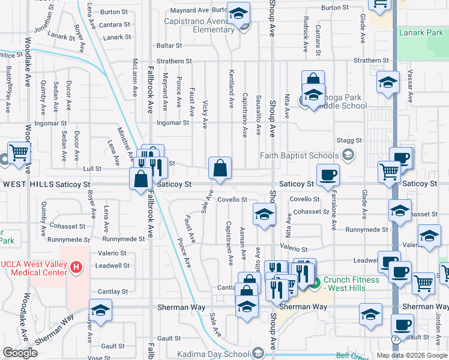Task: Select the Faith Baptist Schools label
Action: point(300,156)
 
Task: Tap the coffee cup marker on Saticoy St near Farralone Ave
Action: point(328,175)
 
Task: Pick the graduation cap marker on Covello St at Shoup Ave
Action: point(264,215)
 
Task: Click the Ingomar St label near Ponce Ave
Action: point(172,123)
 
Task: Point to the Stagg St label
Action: point(350,140)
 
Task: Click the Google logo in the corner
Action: point(20,353)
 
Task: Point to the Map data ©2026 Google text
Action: point(411,355)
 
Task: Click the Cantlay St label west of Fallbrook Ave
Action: point(112,291)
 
